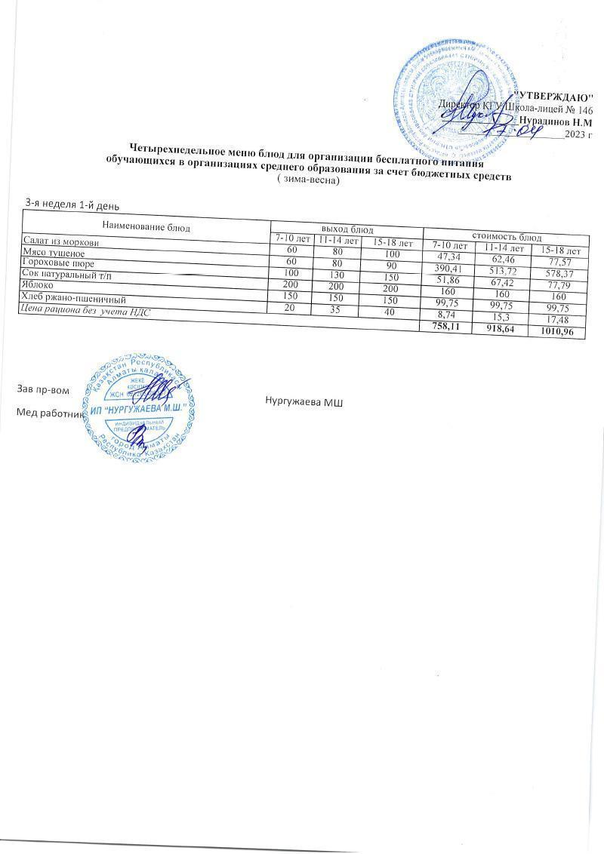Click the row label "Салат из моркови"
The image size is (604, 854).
coord(60,241)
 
